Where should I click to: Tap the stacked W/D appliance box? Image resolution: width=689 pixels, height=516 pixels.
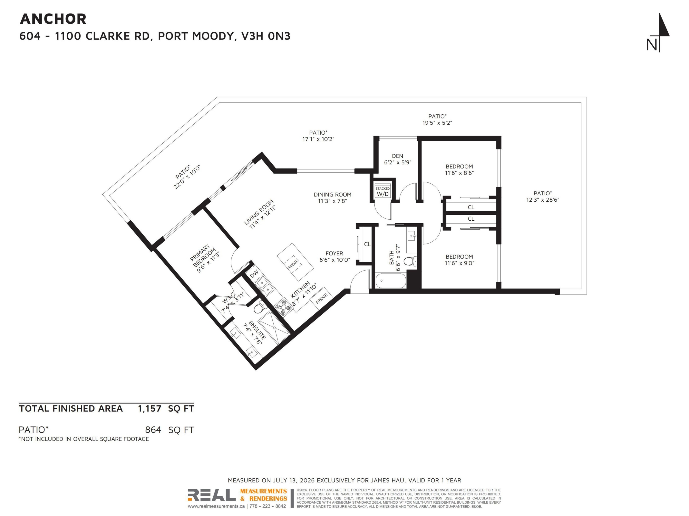[x=382, y=191]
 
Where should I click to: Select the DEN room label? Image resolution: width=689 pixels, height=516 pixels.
[x=398, y=156]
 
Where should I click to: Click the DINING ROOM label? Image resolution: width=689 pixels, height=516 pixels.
[x=332, y=194]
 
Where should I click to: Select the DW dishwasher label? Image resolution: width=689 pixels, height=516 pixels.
[x=254, y=274]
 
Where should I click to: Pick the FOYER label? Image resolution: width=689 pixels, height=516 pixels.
[x=334, y=253]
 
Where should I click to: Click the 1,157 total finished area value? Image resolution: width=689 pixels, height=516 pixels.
[x=150, y=409]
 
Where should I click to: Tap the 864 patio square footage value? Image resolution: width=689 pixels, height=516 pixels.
[x=153, y=430]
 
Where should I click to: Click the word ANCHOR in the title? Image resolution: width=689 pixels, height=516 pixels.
[x=53, y=19]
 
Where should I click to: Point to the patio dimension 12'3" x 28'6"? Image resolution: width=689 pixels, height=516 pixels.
[x=543, y=200]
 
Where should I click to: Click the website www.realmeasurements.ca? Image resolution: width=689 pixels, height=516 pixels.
[x=216, y=506]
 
